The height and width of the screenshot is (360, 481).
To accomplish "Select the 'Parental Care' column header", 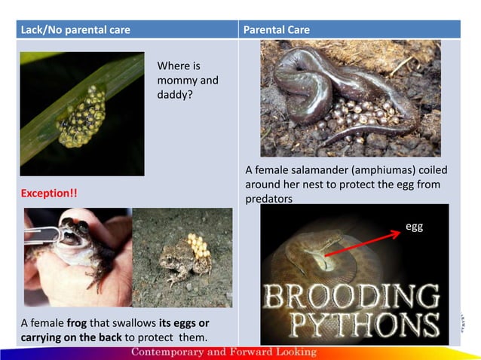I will click(x=276, y=30).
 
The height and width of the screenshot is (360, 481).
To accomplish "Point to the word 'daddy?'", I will click(x=175, y=95).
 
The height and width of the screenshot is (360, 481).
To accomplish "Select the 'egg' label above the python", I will click(x=415, y=225).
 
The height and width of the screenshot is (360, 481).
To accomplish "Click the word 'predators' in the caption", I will click(x=268, y=200).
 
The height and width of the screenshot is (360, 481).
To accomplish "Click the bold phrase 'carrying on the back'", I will click(x=71, y=337).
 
